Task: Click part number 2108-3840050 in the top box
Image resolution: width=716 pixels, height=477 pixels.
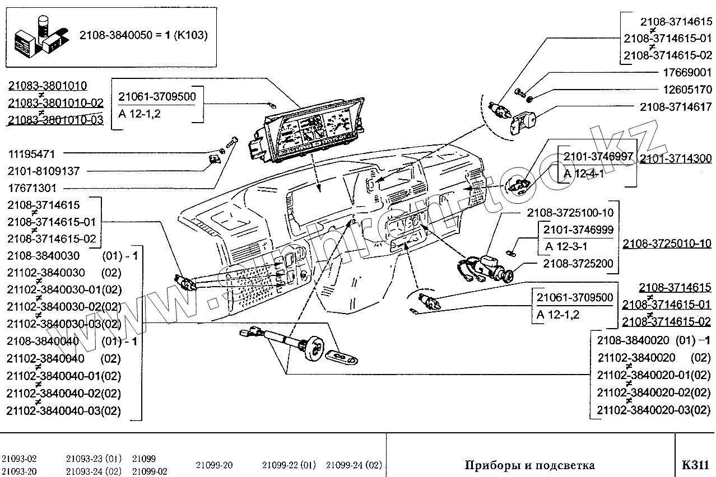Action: pos(116,35)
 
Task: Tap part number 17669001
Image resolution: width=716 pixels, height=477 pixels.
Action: pos(687,73)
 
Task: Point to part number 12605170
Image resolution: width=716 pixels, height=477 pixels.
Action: pos(687,90)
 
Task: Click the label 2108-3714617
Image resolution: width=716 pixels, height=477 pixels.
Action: pos(676,107)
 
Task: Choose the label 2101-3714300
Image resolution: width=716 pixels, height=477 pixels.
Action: pos(676,158)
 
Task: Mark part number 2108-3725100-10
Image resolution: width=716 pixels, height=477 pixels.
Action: pos(570,212)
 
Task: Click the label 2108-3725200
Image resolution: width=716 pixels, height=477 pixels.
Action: pos(578,264)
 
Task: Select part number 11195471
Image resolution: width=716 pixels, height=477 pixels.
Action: pos(31,155)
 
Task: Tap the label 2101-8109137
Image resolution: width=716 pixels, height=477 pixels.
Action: pos(44,171)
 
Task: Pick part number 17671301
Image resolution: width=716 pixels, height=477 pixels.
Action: pos(32,188)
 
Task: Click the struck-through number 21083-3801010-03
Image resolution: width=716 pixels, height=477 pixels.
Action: pos(55,120)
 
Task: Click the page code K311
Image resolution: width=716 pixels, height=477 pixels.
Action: pos(695,465)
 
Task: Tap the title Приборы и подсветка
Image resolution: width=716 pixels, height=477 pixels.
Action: pos(529,465)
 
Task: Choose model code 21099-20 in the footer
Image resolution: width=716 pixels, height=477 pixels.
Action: pos(214,465)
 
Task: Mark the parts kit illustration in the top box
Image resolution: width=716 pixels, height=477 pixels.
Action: pos(42,38)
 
